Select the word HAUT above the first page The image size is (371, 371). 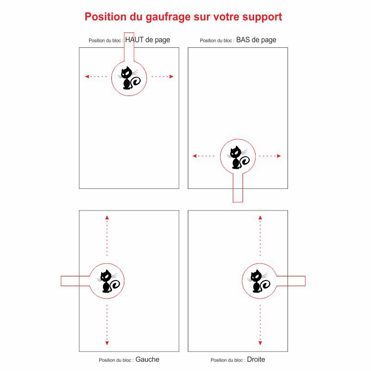[x=134, y=40]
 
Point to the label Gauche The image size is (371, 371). [x=147, y=359]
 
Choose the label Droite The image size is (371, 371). [x=256, y=359]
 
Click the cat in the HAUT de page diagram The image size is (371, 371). [x=129, y=78]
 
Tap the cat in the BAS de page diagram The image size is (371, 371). [x=238, y=157]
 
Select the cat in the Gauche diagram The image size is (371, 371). [x=109, y=281]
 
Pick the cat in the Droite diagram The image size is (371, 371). [x=259, y=281]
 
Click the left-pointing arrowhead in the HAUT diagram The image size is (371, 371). [x=87, y=77]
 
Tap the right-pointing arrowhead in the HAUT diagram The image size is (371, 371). [x=171, y=77]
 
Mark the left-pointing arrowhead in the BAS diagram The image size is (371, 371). [x=194, y=156]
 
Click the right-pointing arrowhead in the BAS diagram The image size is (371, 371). [x=279, y=156]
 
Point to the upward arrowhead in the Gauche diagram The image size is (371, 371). [x=107, y=217]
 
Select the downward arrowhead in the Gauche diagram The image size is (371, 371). [x=107, y=343]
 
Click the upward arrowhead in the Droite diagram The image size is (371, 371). [x=260, y=217]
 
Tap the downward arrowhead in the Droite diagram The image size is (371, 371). [x=260, y=343]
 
